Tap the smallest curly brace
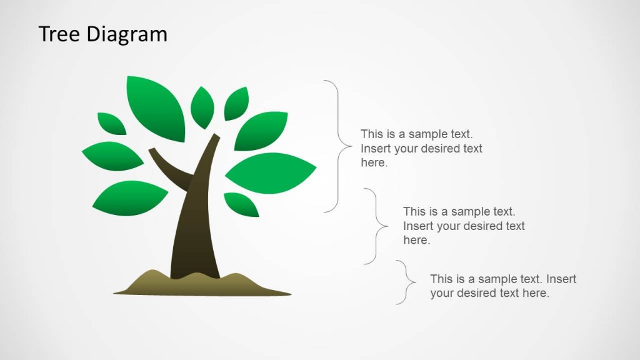pos(407,282)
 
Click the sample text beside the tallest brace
pos(421,149)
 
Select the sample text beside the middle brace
pos(464,226)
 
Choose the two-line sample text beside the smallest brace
pos(503,286)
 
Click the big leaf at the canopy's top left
pos(156,107)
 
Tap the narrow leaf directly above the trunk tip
pos(202,107)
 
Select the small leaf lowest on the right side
pos(241,204)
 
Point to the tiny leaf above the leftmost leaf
pos(112,123)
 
